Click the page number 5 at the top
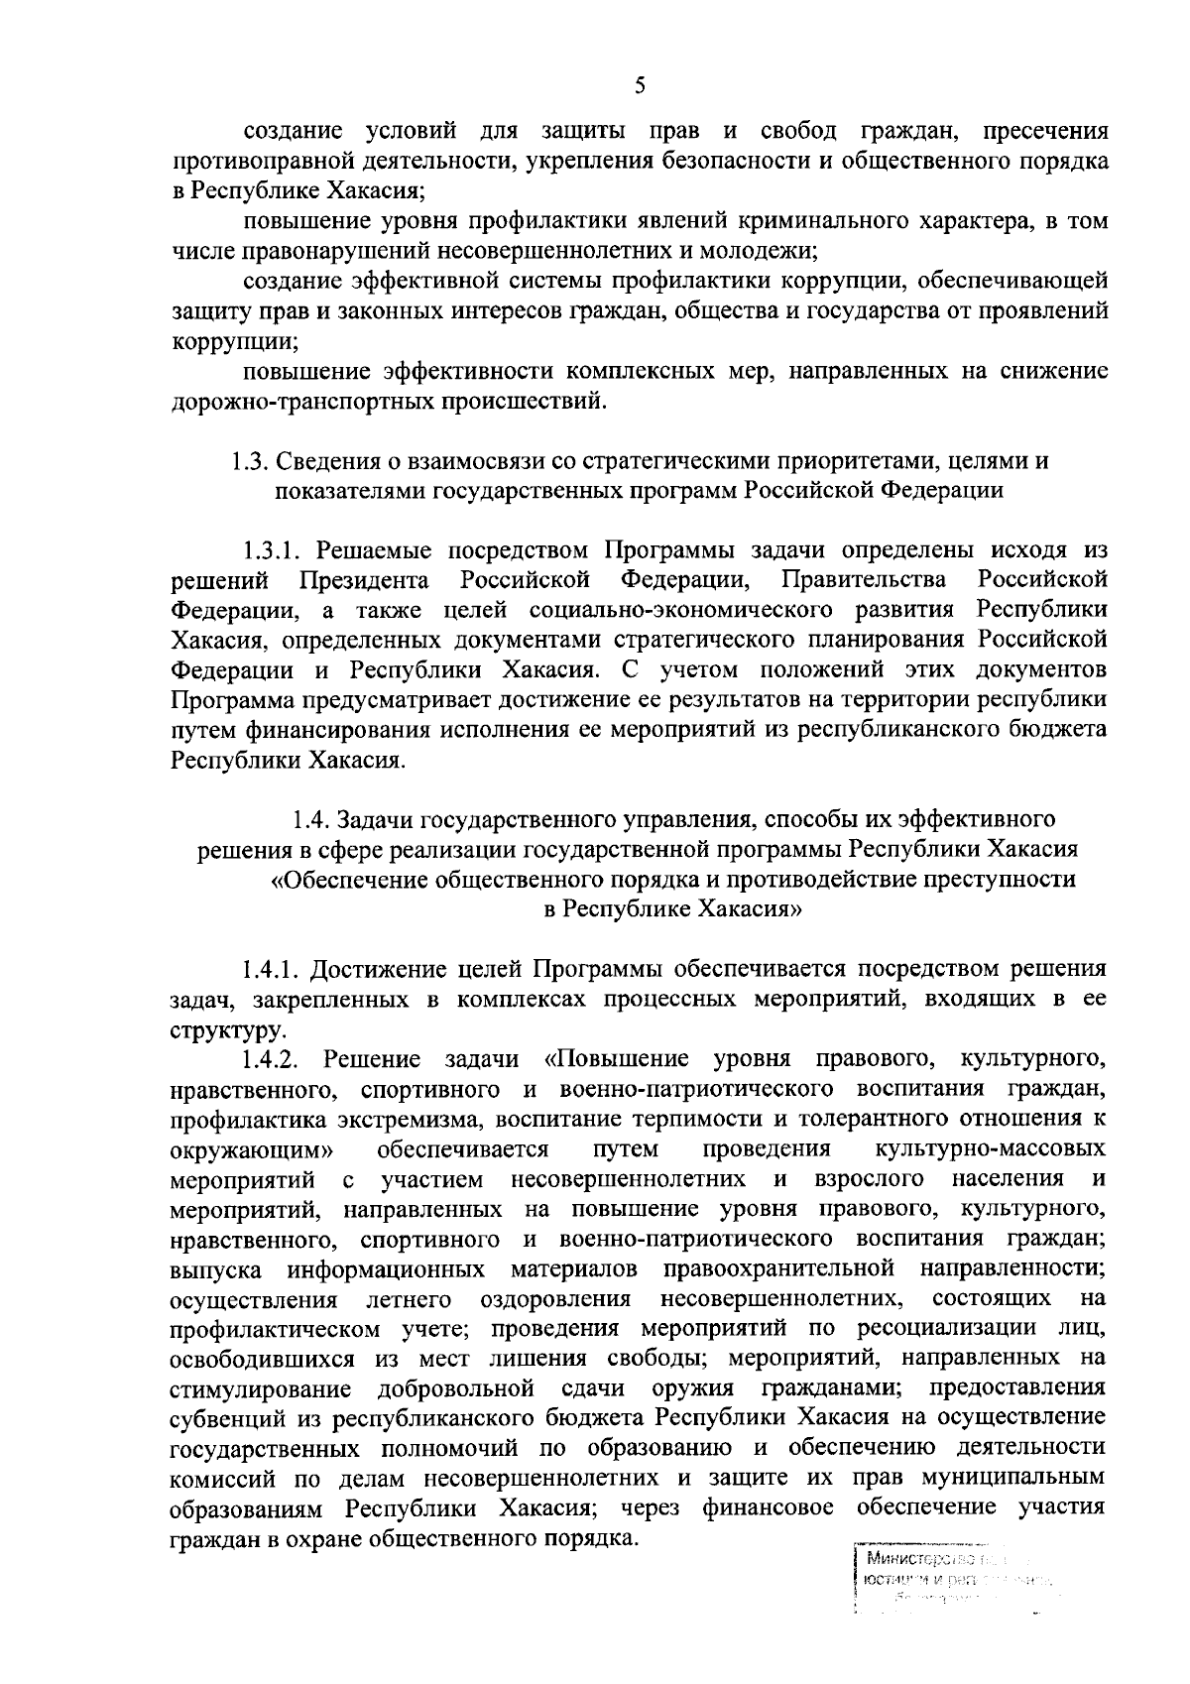click(640, 86)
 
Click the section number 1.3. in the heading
click(250, 462)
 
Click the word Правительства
click(863, 580)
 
